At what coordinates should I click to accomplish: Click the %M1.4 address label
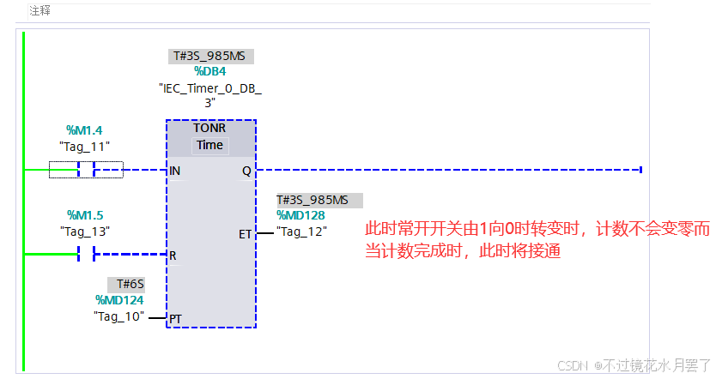pos(84,130)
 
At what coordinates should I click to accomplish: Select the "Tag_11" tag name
pos(84,146)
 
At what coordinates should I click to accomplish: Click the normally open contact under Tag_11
pos(86,170)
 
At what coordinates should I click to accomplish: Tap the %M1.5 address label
pos(85,215)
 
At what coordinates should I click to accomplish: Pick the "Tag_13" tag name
pos(85,231)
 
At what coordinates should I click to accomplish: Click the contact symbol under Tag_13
pos(86,255)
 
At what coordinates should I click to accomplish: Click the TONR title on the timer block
pos(209,127)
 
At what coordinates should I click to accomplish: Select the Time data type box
pos(209,145)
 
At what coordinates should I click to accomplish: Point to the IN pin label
pos(175,171)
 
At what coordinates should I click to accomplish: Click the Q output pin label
pos(246,171)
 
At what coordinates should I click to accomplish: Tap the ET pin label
pos(245,233)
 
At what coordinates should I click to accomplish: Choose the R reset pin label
pos(173,256)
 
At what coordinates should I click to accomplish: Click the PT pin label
pos(175,319)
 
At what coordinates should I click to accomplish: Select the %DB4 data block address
pos(209,72)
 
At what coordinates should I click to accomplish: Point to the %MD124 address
pos(119,300)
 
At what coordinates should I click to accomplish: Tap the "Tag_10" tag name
pos(118,316)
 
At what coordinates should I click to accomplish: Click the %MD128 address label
pos(300,215)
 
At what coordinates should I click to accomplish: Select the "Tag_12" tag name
pos(301,232)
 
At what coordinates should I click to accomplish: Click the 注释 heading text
pos(39,11)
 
